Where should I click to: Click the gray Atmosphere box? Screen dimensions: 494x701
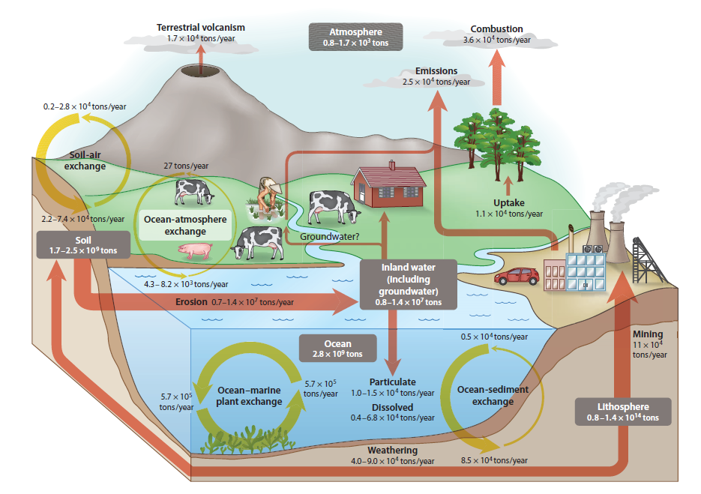[355, 37]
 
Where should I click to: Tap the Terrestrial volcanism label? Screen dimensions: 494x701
[200, 28]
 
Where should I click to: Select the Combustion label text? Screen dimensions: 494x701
[496, 29]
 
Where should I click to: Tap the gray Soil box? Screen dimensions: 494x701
[83, 244]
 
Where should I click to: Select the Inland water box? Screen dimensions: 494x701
[408, 284]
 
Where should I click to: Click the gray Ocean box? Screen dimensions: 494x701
[337, 349]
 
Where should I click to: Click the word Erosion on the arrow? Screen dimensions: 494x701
[191, 302]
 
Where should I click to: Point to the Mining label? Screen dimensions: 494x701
[647, 334]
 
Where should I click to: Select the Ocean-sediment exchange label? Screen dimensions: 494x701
[493, 395]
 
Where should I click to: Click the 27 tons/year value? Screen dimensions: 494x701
[186, 166]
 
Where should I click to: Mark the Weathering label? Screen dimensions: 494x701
[392, 450]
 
